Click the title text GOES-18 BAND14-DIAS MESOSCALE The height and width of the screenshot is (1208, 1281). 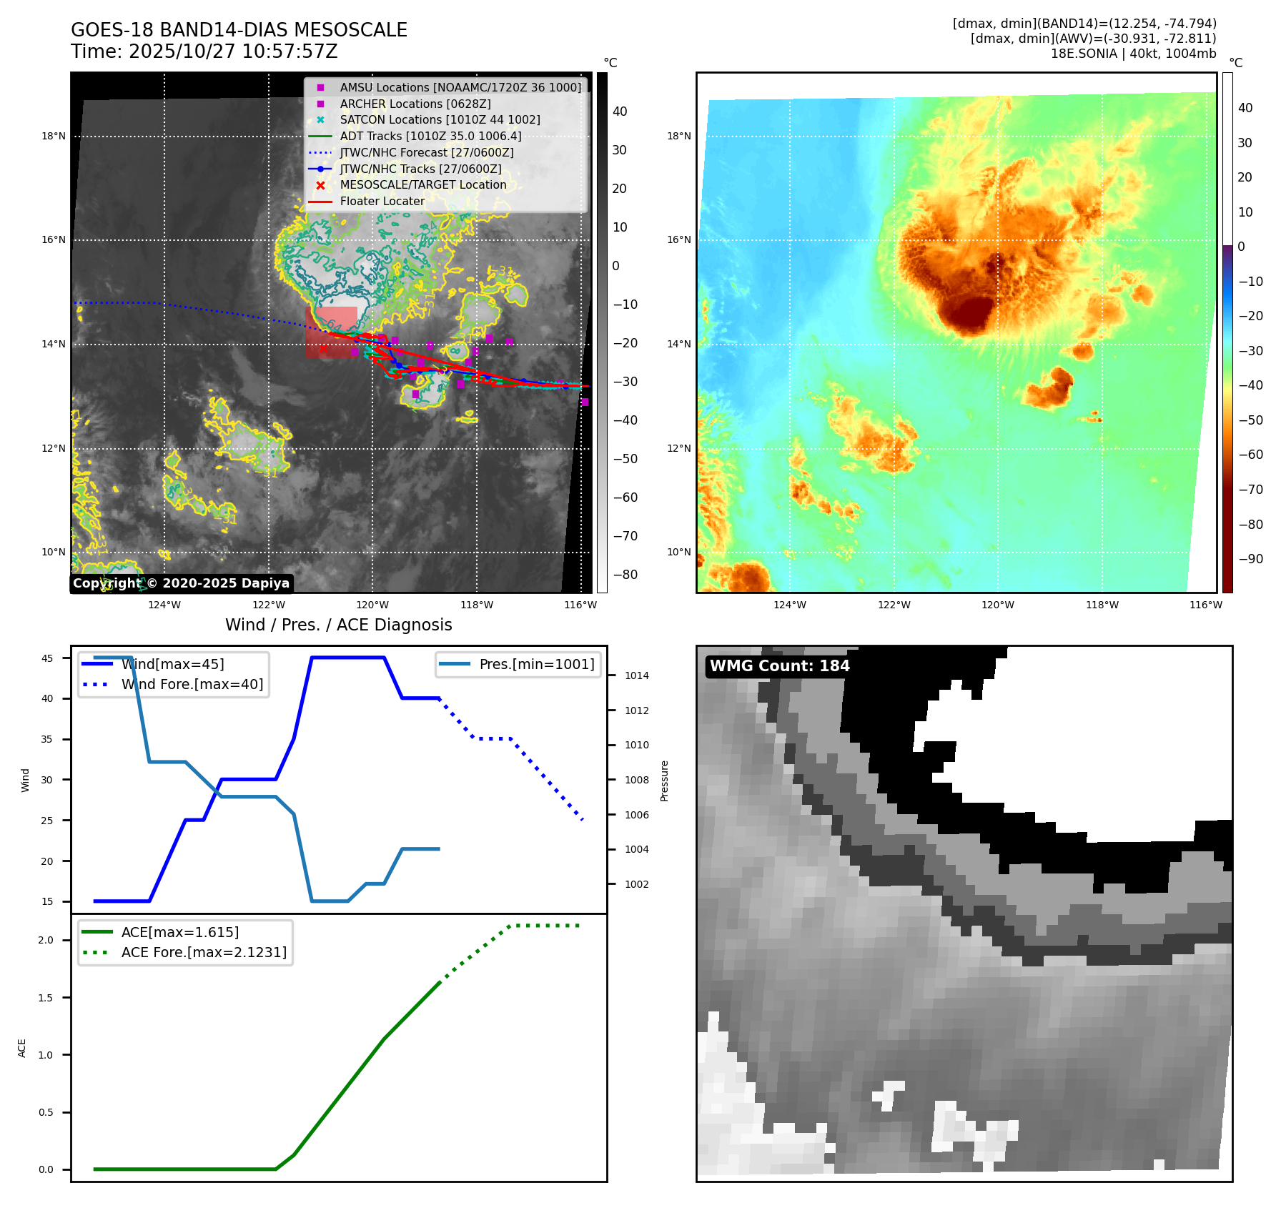[x=239, y=30]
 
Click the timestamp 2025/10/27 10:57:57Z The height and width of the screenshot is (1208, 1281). [x=233, y=51]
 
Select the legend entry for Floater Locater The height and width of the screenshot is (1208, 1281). [x=382, y=202]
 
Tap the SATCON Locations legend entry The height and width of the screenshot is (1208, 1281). [x=440, y=120]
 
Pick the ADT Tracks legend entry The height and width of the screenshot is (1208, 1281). [x=430, y=137]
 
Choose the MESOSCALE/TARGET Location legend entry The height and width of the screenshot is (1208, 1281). [x=422, y=185]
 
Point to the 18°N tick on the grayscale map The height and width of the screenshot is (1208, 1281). [x=54, y=137]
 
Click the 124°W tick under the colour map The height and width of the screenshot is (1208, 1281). [x=789, y=605]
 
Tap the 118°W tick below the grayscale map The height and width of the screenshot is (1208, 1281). [x=477, y=605]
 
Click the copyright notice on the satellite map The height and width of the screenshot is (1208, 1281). [x=181, y=583]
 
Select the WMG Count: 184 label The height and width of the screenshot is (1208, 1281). [x=779, y=666]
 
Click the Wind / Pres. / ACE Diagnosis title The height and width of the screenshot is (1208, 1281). [x=338, y=625]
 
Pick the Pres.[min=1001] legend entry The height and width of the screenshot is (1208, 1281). [x=536, y=665]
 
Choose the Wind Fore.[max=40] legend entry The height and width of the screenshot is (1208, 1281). [x=192, y=685]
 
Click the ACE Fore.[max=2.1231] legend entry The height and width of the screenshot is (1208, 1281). [x=204, y=953]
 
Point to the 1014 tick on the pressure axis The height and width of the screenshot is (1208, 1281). [x=636, y=675]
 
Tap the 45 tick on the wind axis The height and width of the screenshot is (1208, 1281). [x=47, y=658]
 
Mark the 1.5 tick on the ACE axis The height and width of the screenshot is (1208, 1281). [x=46, y=998]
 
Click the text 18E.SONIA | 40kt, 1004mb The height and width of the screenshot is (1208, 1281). [x=1133, y=54]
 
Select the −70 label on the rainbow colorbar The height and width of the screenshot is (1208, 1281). [x=1250, y=490]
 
